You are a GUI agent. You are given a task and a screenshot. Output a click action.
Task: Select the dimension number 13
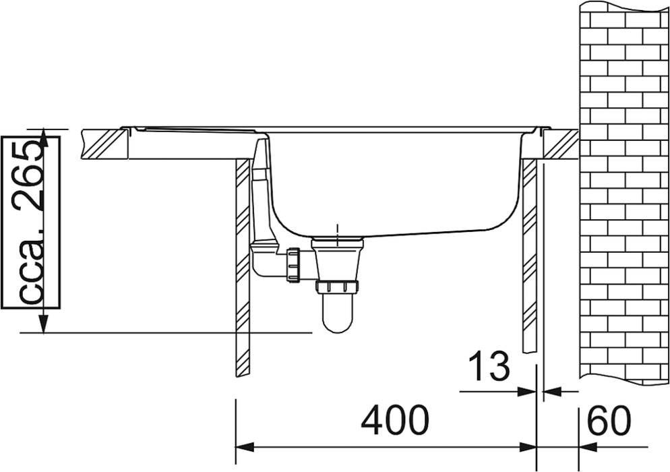pyautogui.click(x=489, y=366)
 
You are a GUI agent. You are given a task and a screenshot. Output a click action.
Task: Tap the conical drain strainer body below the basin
pyautogui.click(x=338, y=260)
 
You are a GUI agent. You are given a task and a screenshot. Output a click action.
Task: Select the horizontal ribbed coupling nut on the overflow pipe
pyautogui.click(x=295, y=264)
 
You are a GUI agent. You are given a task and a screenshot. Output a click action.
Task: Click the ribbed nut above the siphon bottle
pyautogui.click(x=338, y=287)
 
